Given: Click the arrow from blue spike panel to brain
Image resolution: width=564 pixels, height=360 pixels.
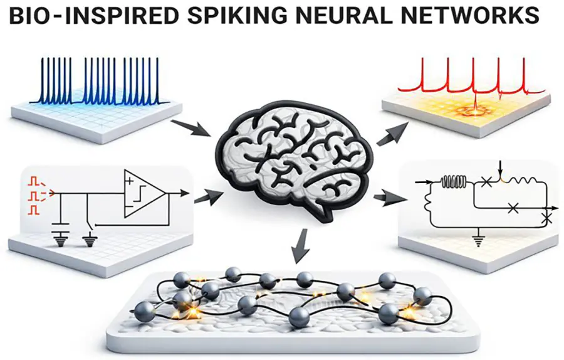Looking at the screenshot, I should click(x=191, y=128).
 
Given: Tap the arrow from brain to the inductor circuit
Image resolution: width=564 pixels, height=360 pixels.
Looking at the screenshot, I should click(x=384, y=199).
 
